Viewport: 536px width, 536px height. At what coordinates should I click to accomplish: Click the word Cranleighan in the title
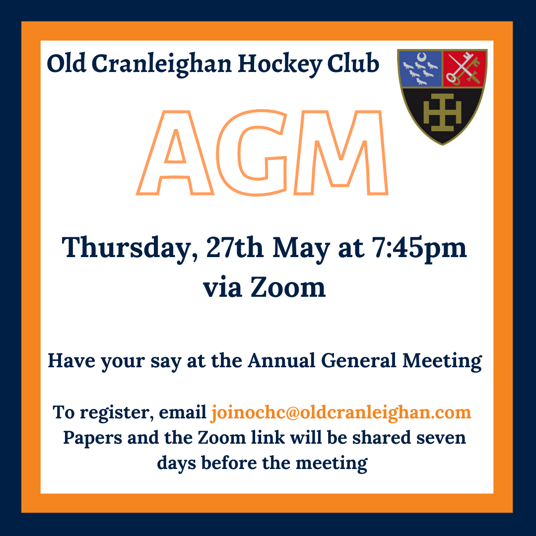click(x=161, y=64)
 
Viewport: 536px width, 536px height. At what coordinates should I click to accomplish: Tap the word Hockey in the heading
click(x=279, y=64)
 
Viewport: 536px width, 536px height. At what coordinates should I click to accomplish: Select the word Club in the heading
click(x=353, y=63)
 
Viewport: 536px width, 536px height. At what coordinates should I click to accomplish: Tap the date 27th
click(x=234, y=247)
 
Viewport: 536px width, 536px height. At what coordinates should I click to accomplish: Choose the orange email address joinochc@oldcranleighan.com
click(x=341, y=412)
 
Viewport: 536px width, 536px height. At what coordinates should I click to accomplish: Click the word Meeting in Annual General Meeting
click(x=442, y=362)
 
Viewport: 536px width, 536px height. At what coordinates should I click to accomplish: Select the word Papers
click(x=93, y=438)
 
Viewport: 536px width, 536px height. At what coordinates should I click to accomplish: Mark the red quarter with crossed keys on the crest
click(x=464, y=68)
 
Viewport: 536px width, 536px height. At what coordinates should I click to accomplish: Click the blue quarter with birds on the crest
click(x=420, y=68)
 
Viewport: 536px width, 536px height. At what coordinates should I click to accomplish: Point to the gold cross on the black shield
click(x=442, y=113)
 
